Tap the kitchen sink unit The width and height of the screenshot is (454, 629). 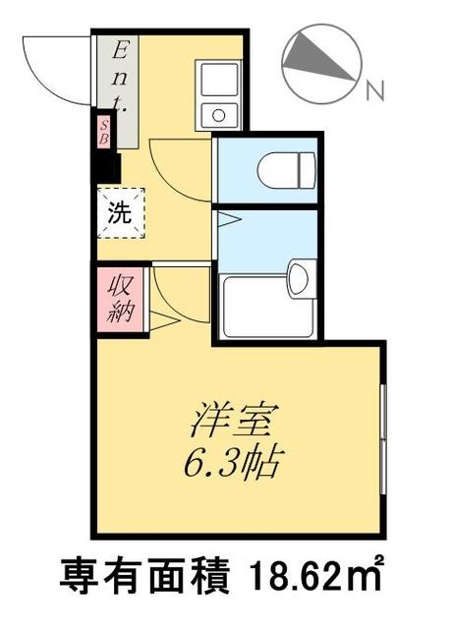[x=218, y=94]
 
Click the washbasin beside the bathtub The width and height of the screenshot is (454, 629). [x=302, y=277]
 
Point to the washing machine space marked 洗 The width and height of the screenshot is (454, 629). [x=119, y=214]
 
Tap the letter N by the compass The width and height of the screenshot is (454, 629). [x=374, y=94]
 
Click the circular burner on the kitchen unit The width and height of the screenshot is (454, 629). [x=218, y=115]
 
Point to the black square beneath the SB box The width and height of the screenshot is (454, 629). [x=105, y=167]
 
